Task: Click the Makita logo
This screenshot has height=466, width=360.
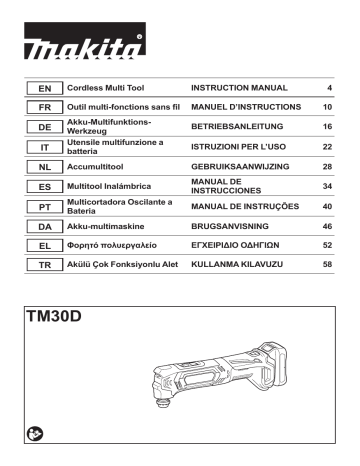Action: click(85, 41)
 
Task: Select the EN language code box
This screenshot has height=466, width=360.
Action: click(45, 88)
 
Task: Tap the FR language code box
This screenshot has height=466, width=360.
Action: click(45, 107)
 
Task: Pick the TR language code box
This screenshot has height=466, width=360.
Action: click(45, 265)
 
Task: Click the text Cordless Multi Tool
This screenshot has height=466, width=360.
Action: click(105, 88)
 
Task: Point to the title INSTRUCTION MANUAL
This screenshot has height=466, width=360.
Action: click(239, 88)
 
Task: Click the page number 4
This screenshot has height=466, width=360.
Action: click(329, 88)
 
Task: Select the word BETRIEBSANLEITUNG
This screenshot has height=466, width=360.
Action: click(237, 126)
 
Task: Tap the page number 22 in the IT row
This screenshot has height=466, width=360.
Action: click(327, 147)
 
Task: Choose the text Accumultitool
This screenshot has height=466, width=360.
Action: click(95, 167)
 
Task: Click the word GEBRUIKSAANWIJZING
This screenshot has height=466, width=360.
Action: click(240, 167)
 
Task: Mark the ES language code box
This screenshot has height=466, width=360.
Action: click(45, 187)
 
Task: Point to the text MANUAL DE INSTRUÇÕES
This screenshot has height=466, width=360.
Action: click(245, 206)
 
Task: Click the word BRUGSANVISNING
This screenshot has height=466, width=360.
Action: click(230, 226)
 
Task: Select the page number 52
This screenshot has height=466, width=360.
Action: click(327, 245)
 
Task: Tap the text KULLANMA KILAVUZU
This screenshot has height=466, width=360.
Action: click(237, 264)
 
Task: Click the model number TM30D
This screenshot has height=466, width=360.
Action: click(54, 316)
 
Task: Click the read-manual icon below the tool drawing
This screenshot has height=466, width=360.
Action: click(35, 434)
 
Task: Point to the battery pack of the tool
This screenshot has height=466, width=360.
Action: click(275, 366)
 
